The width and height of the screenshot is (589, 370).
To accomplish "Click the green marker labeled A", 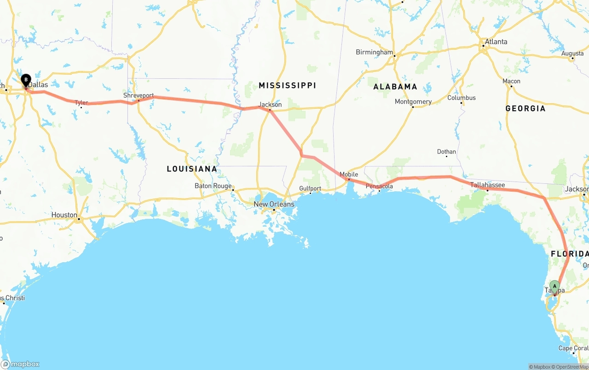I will (554, 287).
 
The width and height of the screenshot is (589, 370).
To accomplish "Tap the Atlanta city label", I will (496, 41).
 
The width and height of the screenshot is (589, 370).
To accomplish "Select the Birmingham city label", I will (374, 52).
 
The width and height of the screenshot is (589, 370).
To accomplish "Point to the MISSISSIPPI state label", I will (287, 85).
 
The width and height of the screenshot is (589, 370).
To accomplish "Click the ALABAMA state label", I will (395, 87).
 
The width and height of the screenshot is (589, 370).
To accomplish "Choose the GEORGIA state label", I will (525, 108).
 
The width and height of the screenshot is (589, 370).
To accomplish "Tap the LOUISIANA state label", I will (192, 169).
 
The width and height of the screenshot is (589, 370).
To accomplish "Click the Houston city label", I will (64, 215).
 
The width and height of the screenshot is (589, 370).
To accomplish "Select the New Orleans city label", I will (274, 204).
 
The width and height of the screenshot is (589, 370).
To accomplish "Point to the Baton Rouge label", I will (213, 186).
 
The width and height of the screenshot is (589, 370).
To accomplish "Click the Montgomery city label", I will (413, 101).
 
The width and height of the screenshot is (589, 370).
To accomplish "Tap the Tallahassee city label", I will (487, 185).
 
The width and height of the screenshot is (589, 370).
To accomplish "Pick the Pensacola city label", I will (379, 186).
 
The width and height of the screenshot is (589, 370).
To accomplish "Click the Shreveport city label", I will (139, 95).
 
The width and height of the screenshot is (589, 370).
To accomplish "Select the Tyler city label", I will (81, 103).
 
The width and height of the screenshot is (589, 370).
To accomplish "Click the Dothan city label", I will (446, 152).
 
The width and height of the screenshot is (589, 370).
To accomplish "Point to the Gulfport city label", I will (310, 188).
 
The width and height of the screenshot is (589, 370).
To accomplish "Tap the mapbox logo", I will (20, 364).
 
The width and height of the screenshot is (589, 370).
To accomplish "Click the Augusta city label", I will (572, 53).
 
